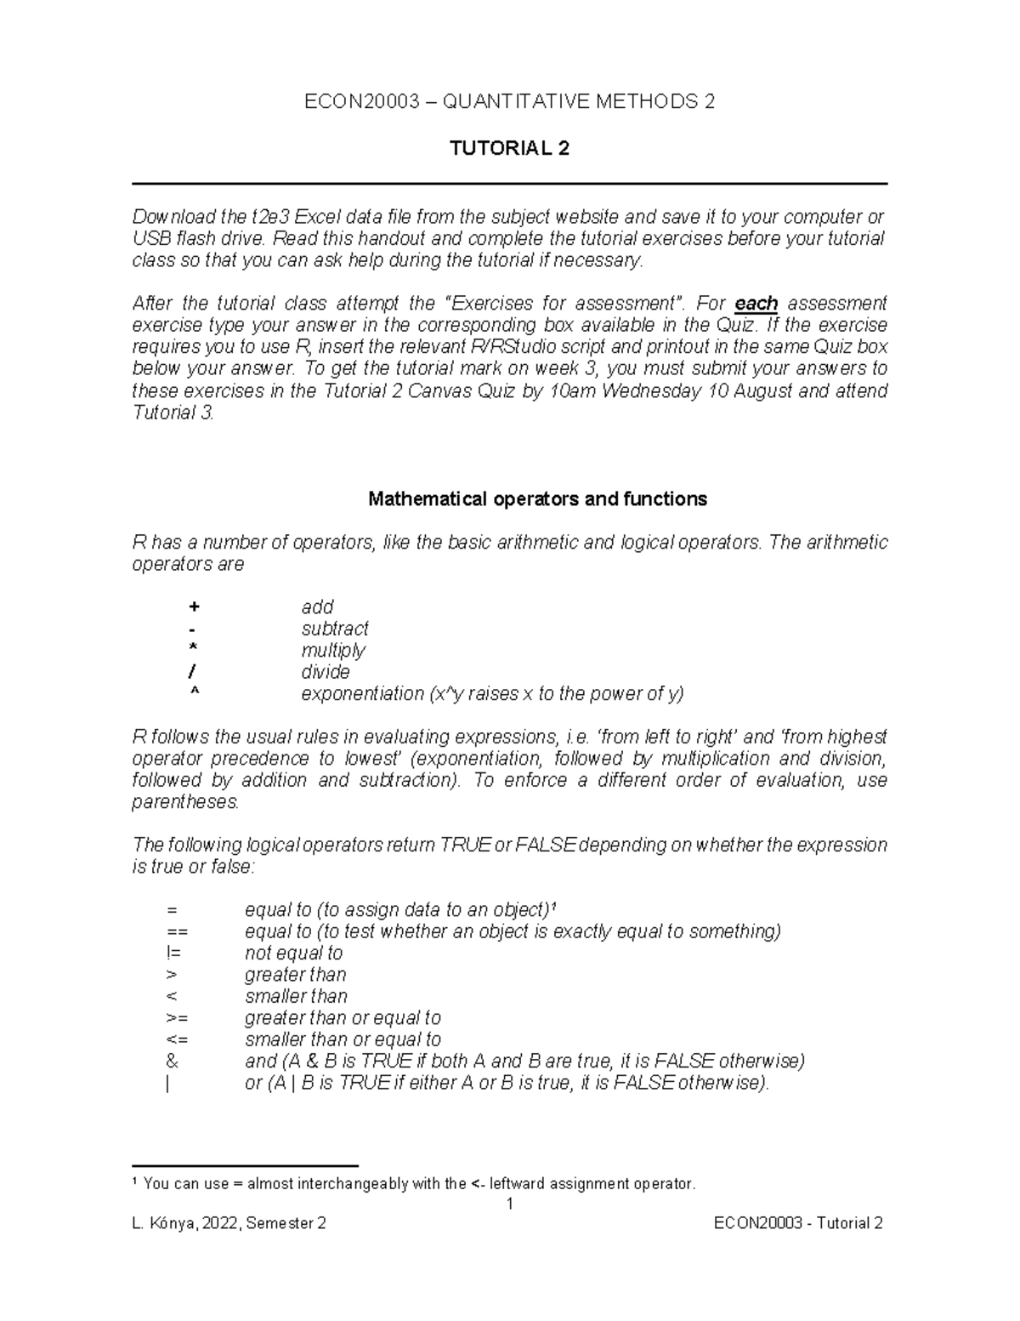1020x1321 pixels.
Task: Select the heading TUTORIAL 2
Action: pos(509,149)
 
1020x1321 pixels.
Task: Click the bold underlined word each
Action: pos(756,304)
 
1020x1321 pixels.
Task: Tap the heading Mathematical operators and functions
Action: pos(537,499)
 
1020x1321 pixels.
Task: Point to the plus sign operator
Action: pos(195,607)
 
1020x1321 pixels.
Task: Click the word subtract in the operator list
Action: pos(335,629)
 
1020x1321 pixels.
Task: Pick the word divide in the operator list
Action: pos(326,672)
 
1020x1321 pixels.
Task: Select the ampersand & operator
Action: pos(173,1062)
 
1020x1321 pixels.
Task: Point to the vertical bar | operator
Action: pos(168,1084)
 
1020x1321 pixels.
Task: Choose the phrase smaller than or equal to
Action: pos(343,1039)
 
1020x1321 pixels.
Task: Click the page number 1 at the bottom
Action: pos(509,1204)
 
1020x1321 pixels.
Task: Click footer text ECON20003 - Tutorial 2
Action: pos(798,1224)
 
